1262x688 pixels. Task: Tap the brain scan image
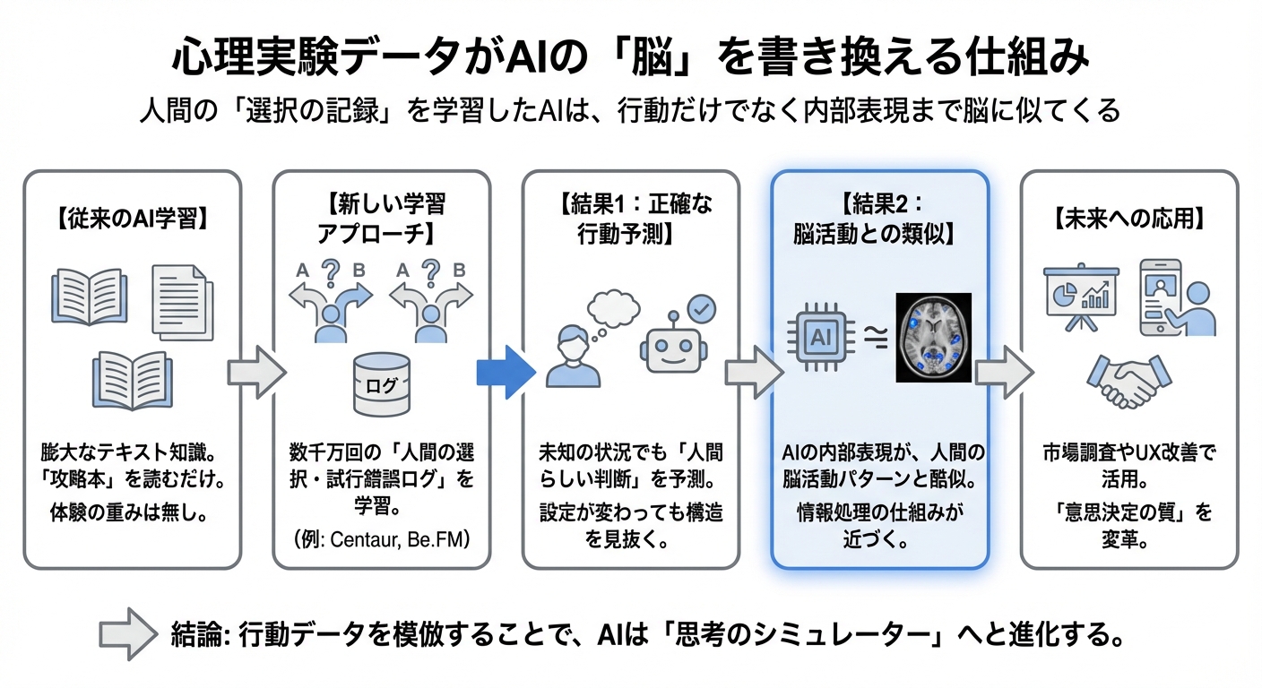click(934, 337)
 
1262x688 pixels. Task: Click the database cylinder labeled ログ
click(382, 383)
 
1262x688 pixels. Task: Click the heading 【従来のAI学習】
click(133, 218)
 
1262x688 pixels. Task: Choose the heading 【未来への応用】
click(1129, 218)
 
